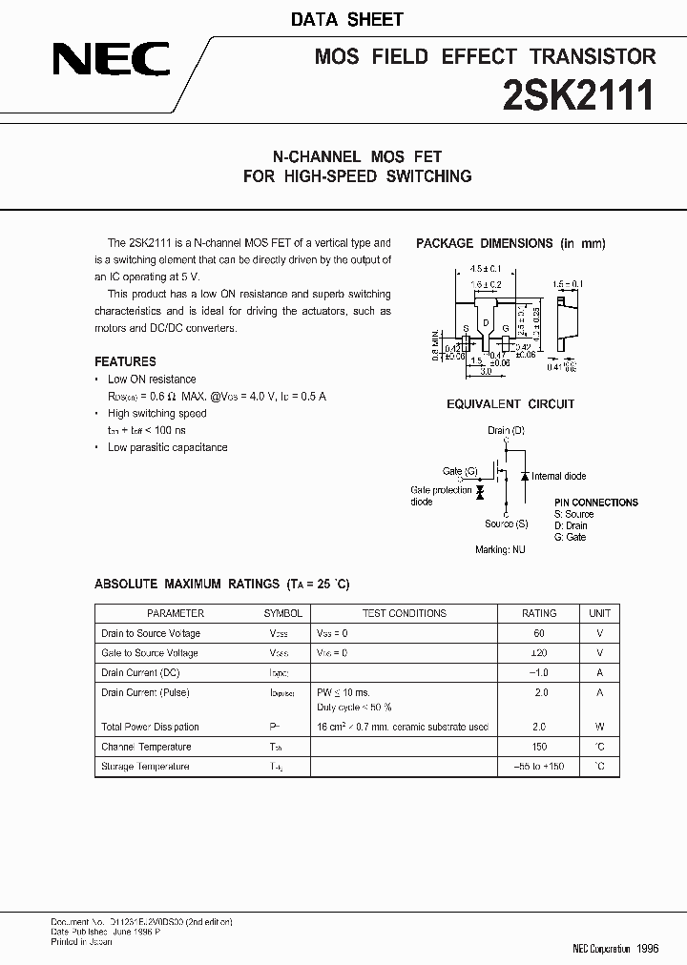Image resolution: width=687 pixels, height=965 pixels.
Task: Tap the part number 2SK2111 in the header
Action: tap(579, 96)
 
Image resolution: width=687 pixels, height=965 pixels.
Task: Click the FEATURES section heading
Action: tap(125, 361)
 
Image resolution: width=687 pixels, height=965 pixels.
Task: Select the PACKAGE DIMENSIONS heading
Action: tap(510, 243)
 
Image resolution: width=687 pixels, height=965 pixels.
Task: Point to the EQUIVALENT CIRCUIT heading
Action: tap(510, 404)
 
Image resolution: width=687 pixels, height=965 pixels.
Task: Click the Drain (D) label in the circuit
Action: tap(506, 431)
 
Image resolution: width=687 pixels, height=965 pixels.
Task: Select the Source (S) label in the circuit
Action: tap(506, 524)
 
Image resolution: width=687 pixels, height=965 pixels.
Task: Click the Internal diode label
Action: tap(559, 476)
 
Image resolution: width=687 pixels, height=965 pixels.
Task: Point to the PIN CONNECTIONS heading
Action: tap(595, 503)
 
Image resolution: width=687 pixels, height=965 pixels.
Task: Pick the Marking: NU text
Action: tap(500, 550)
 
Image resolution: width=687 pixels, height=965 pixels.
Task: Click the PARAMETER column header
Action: tap(176, 613)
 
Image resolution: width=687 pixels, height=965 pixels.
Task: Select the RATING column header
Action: tap(539, 613)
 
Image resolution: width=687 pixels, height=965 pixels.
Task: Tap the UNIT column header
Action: tap(599, 613)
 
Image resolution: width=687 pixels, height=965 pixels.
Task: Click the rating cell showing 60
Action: tap(539, 633)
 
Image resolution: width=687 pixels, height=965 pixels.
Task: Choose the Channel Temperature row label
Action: tap(146, 747)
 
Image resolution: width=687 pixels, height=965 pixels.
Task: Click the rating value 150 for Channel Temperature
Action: tap(539, 747)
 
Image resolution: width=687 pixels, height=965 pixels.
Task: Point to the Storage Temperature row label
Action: tap(145, 767)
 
